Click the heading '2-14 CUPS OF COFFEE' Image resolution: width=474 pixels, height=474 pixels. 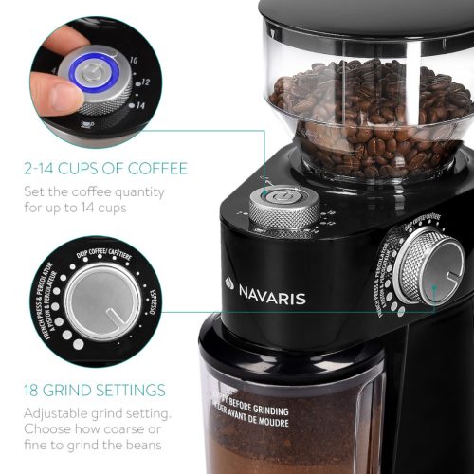(x=106, y=169)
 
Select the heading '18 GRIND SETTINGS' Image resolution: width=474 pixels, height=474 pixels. (x=95, y=390)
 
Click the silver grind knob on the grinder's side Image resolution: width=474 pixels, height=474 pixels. (x=428, y=266)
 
